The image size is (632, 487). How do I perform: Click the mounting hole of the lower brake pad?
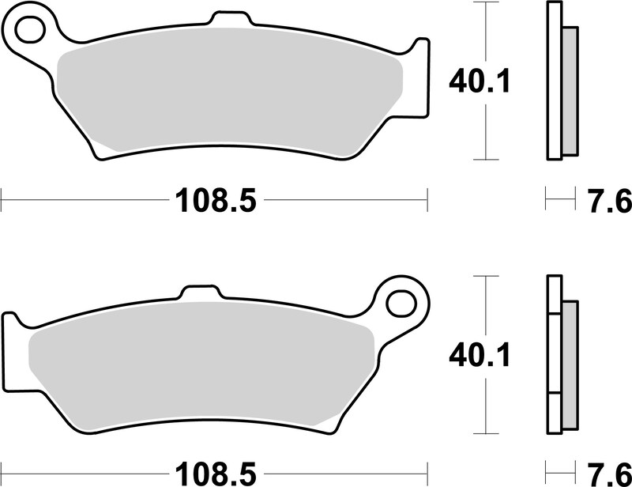pos(401,303)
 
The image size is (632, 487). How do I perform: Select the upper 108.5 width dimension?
pos(214,201)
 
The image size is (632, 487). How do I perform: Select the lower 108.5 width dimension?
pos(214,473)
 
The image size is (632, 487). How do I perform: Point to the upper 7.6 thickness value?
pos(608,201)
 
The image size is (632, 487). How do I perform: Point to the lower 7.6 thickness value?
pos(608,473)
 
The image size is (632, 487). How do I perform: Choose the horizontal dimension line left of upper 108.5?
pos(79,201)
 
